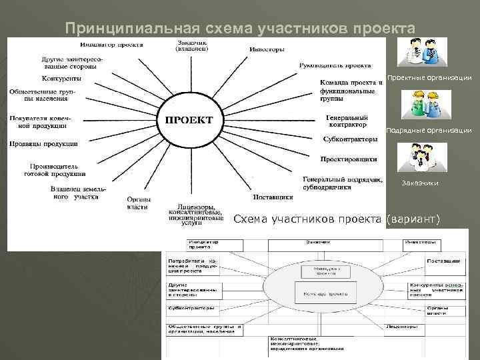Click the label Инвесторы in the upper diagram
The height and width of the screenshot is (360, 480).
267,49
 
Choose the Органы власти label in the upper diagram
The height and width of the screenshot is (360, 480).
138,203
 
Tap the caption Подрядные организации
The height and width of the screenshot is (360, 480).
429,131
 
